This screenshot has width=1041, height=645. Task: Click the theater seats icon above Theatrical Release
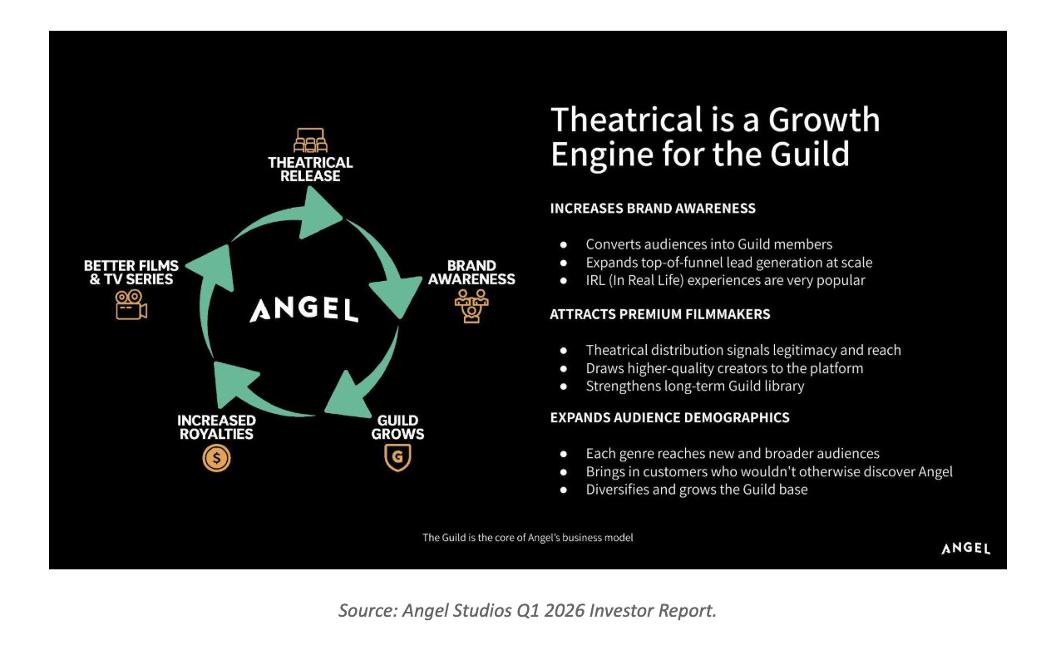pos(310,140)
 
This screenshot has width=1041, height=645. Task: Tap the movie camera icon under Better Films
pos(131,305)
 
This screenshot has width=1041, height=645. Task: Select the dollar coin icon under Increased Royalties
pos(216,458)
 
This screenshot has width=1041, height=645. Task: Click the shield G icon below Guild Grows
pos(397,457)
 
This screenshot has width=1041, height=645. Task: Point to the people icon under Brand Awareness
pos(471,306)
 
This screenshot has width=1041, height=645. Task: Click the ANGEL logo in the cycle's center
pos(304,309)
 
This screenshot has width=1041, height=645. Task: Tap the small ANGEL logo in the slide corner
pos(965,549)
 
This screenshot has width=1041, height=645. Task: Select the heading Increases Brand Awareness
pos(653,208)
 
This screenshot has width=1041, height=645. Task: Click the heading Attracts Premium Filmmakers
pos(660,314)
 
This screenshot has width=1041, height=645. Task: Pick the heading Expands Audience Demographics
pos(669,417)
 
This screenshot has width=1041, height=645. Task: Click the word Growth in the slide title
pos(824,120)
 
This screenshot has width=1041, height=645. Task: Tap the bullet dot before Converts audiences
pos(564,244)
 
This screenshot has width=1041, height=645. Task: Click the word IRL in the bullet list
pos(595,280)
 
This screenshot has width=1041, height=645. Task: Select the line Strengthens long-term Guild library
pos(695,387)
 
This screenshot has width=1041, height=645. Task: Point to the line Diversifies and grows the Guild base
pos(697,490)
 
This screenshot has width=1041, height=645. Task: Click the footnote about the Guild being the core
pos(527,538)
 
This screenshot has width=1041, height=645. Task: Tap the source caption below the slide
pos(527,611)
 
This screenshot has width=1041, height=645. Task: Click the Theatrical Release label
pos(310,170)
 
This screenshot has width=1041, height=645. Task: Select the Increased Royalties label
pos(216,427)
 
